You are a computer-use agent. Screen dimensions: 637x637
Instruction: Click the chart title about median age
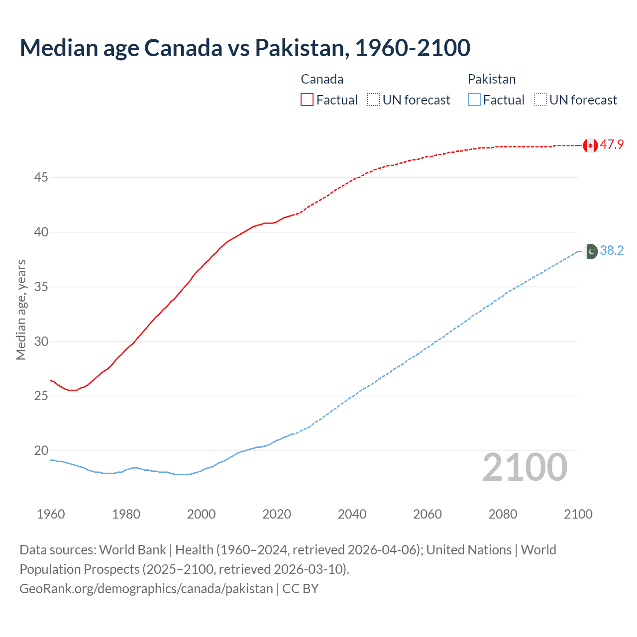245,48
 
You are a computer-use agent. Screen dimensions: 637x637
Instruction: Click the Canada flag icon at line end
590,145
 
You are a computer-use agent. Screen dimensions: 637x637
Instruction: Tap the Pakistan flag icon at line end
591,251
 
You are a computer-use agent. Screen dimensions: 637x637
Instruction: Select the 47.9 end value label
612,145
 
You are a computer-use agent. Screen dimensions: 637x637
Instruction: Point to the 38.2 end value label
612,250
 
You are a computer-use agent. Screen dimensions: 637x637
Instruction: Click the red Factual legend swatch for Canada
307,100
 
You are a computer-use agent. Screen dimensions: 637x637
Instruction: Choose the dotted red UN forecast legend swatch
373,100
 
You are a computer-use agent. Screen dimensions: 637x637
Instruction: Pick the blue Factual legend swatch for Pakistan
474,100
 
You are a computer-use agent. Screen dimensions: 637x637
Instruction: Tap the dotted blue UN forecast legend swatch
540,100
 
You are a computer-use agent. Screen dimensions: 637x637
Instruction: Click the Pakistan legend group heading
491,79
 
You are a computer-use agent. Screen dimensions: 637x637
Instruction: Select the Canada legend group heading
322,79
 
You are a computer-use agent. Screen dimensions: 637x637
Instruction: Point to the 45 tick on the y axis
41,177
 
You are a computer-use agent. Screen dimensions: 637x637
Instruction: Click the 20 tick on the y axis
41,450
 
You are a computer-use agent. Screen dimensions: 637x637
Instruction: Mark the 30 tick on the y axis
41,341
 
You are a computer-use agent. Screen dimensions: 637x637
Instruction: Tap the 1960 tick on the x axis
51,514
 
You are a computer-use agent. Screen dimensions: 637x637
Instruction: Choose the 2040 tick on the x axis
352,514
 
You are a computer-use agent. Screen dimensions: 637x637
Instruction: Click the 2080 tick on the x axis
503,514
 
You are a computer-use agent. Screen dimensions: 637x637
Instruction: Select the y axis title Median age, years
21,310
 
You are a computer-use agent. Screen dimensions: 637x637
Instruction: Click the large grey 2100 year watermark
525,467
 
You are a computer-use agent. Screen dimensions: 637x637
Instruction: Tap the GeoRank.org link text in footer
146,589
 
